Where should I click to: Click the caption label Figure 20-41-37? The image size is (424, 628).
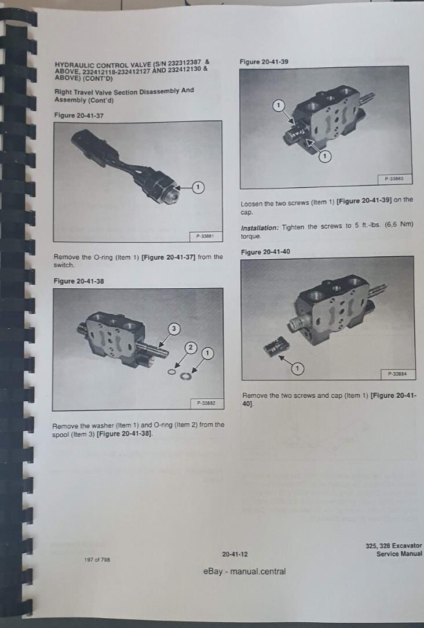tap(79, 115)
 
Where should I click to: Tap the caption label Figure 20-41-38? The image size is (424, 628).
tap(79, 281)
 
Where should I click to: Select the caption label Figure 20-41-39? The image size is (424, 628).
tap(264, 61)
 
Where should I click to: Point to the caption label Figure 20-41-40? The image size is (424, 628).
tap(265, 252)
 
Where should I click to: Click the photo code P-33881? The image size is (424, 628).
tap(206, 236)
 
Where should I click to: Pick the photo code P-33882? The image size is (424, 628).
tap(207, 402)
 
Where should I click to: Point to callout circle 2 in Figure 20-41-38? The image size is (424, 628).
tap(190, 347)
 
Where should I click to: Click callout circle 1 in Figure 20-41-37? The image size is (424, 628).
tap(198, 187)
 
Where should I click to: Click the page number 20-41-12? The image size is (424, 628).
tap(235, 554)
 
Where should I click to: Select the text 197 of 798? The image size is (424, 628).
tap(97, 560)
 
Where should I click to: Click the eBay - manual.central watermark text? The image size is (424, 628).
tap(244, 571)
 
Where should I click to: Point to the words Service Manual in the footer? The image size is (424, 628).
tap(399, 554)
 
